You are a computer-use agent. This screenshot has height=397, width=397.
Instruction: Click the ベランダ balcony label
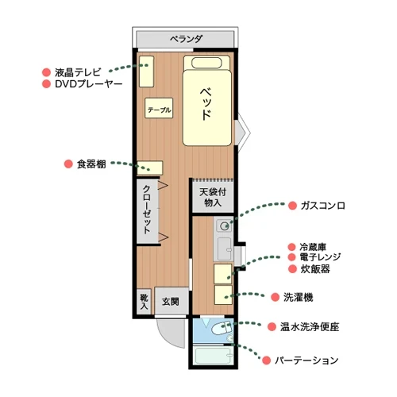point(187,39)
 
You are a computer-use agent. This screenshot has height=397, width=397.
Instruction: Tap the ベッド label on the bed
point(206,102)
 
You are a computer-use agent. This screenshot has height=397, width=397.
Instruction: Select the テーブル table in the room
point(159,109)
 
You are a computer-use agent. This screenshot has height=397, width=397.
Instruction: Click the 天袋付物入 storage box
point(210,197)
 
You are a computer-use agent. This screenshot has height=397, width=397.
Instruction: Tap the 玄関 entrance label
point(171,302)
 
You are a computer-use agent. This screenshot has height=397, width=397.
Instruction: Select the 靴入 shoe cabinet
point(144,301)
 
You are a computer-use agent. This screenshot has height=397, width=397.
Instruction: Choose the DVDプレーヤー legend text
point(88,83)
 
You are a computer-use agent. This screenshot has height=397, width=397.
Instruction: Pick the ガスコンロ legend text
point(322,205)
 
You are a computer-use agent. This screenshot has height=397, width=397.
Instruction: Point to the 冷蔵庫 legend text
point(314,247)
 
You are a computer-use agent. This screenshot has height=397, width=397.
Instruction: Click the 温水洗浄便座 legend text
point(309,326)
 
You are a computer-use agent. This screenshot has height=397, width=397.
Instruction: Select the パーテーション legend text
point(306,360)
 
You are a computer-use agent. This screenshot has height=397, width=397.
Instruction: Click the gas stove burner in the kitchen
point(224,225)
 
